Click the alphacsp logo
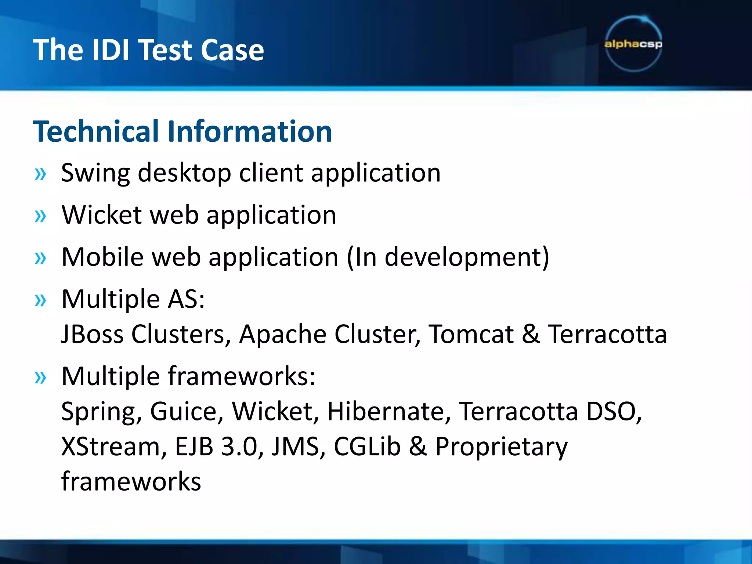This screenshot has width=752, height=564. point(633,44)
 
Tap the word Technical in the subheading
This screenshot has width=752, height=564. point(97,131)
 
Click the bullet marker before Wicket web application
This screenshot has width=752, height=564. point(40,216)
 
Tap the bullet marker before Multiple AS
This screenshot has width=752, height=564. point(40,300)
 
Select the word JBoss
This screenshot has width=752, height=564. point(93,334)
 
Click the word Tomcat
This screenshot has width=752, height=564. point(471,334)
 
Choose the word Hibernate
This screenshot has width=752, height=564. point(388,411)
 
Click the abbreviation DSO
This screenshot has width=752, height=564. point(613,411)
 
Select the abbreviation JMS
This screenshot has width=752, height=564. point(298,446)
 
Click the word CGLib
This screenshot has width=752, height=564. point(366,446)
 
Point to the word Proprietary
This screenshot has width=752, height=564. point(501,446)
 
